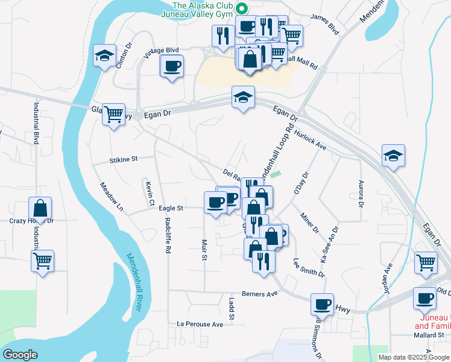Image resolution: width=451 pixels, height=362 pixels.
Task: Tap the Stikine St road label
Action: click(124, 159)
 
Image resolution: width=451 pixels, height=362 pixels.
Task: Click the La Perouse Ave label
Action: click(200, 324)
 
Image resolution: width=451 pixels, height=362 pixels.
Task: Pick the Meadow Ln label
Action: click(112, 197)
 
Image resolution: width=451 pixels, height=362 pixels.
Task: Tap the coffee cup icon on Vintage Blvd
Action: click(172, 65)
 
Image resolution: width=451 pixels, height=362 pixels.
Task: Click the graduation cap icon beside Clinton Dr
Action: click(104, 56)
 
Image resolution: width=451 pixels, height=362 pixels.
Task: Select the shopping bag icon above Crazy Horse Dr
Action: click(40, 208)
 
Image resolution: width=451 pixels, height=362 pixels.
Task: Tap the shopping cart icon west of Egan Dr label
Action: click(113, 113)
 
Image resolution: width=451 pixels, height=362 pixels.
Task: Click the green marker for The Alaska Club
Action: click(241, 8)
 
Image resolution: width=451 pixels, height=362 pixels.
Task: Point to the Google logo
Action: click(20, 355)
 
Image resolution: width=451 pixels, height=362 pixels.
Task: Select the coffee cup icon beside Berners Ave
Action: click(323, 303)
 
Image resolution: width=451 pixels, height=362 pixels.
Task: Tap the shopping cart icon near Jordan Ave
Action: click(426, 262)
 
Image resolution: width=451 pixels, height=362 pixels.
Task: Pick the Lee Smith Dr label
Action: click(309, 268)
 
